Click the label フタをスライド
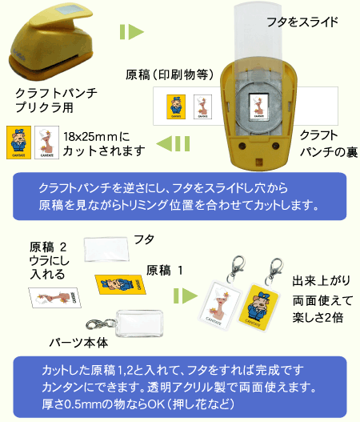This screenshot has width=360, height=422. tap(302, 22)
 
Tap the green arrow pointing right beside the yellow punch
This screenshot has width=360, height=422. tap(132, 32)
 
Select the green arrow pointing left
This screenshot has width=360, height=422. tap(173, 143)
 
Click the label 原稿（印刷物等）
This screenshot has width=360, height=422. tap(170, 74)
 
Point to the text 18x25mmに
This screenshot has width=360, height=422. tap(97, 137)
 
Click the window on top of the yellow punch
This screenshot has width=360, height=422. tap(66, 11)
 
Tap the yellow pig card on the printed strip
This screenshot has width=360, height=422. tap(176, 107)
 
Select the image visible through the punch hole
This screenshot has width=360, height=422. tap(259, 106)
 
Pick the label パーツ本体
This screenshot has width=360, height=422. tap(78, 343)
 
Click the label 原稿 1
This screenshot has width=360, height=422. tap(165, 270)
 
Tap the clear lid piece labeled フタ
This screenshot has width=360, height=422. tap(106, 249)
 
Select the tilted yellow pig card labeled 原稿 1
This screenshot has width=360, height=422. tap(121, 284)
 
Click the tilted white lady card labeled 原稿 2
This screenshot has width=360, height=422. tap(55, 297)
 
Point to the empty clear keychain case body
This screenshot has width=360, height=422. tap(139, 324)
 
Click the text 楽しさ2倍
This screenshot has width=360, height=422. tap(318, 317)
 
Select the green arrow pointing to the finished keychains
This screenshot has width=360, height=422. tap(186, 296)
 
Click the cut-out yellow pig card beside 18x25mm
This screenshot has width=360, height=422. tap(19, 143)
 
